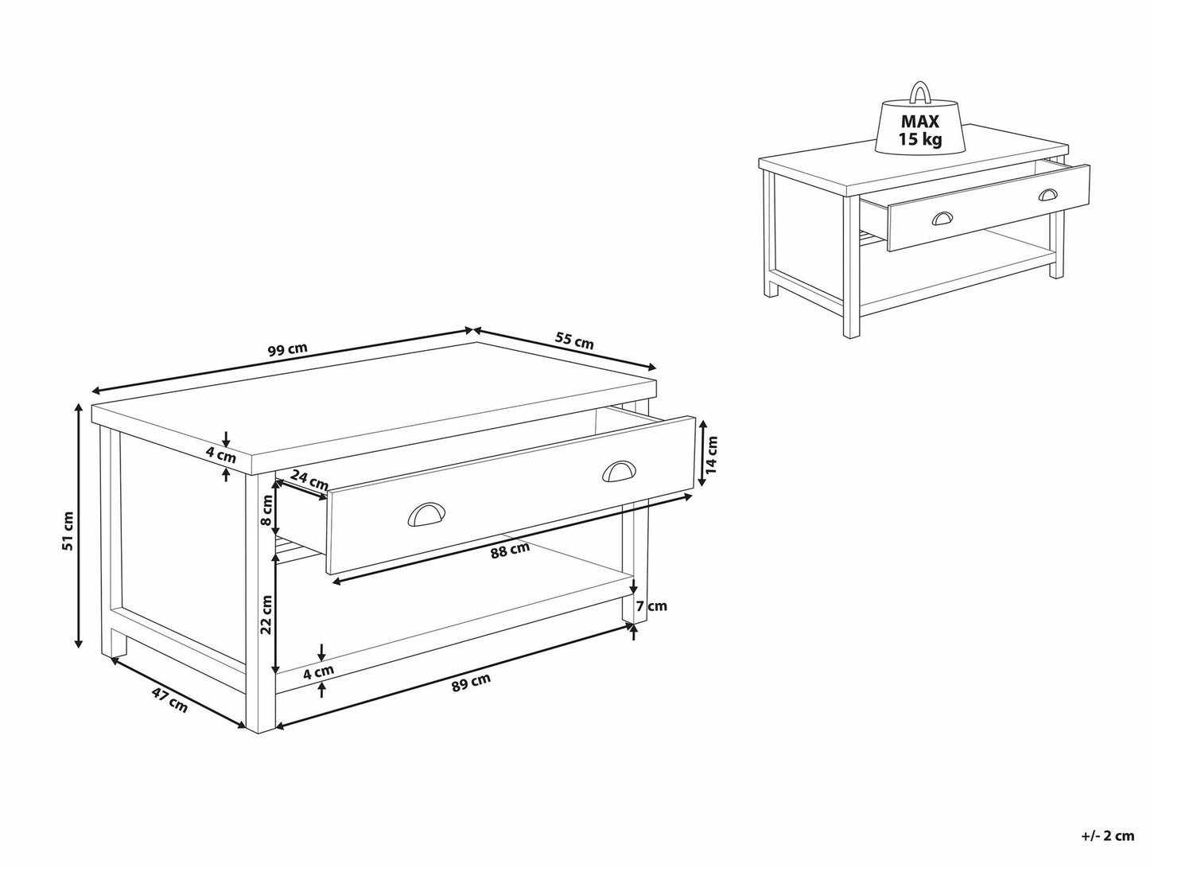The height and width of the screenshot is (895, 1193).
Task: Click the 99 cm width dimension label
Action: click(x=288, y=349)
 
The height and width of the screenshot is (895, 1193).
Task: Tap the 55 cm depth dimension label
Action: click(x=574, y=340)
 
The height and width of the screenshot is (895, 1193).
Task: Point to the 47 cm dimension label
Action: click(x=169, y=700)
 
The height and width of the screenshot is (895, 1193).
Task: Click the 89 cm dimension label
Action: click(x=471, y=682)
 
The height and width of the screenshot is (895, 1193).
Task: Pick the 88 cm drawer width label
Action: click(x=510, y=551)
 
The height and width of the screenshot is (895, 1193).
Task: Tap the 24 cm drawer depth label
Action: click(x=309, y=479)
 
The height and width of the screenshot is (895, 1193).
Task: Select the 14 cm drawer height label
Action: click(x=713, y=455)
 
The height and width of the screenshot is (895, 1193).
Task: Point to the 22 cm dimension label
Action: click(x=266, y=615)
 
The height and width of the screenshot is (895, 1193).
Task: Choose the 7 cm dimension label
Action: click(x=651, y=605)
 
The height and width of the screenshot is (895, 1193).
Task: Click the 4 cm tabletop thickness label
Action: click(x=220, y=455)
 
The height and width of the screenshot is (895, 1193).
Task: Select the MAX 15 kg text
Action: click(x=920, y=130)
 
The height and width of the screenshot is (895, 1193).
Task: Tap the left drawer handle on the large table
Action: click(x=426, y=513)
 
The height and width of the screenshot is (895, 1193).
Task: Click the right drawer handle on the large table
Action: click(x=621, y=471)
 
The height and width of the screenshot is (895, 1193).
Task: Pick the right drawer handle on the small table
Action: click(x=1048, y=195)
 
